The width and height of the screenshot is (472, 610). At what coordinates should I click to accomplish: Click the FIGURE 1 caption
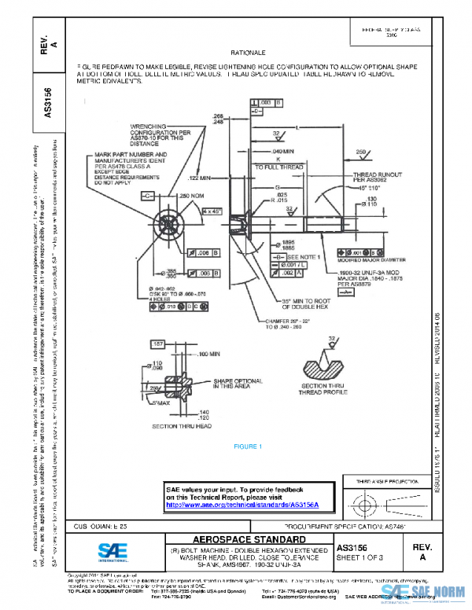pyautogui.click(x=246, y=446)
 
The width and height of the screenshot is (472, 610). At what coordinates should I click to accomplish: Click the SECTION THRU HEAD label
pyautogui.click(x=182, y=425)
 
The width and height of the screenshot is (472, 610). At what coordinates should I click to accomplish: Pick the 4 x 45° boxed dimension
pyautogui.click(x=211, y=211)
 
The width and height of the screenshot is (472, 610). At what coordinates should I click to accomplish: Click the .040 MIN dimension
pyautogui.click(x=282, y=150)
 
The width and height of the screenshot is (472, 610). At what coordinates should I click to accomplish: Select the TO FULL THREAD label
pyautogui.click(x=278, y=167)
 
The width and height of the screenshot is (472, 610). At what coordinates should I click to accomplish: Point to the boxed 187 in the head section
pyautogui.click(x=157, y=344)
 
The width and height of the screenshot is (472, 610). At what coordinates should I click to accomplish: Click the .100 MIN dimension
pyautogui.click(x=208, y=355)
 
